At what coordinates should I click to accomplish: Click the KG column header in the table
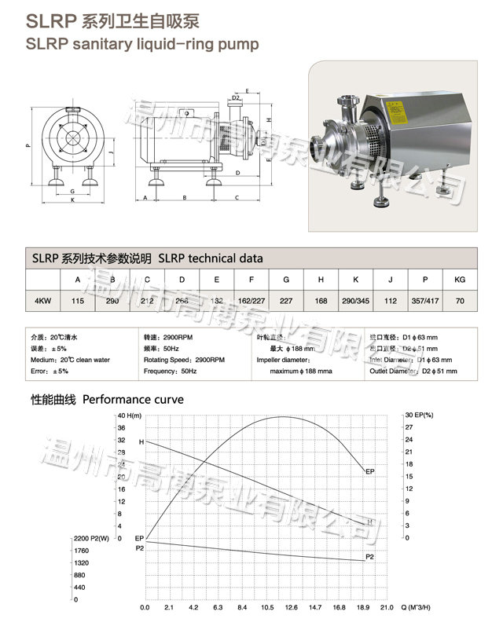click(461, 279)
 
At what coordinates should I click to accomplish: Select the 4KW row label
click(44, 299)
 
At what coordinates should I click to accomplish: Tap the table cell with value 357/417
click(425, 299)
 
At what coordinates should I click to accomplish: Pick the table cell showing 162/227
click(250, 299)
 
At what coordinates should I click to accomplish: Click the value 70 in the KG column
click(461, 299)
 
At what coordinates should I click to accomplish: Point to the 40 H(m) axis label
click(128, 416)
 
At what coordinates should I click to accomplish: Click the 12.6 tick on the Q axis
click(291, 607)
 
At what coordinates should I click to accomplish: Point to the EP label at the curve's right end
click(370, 471)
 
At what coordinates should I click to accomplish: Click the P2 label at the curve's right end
click(370, 557)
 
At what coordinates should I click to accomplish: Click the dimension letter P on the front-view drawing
click(27, 145)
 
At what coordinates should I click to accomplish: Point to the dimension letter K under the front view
click(72, 200)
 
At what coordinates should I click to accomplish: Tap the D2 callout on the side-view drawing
click(236, 99)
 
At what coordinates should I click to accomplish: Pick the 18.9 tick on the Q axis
click(362, 607)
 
